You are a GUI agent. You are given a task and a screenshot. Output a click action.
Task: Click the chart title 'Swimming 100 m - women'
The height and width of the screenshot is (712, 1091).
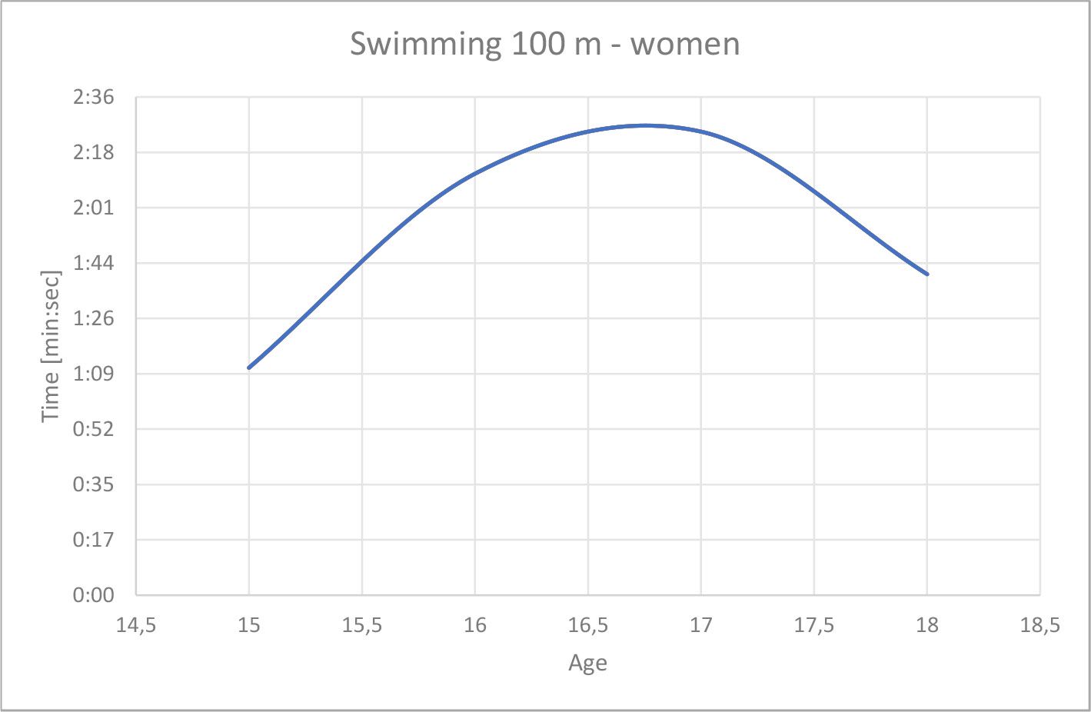pos(544,43)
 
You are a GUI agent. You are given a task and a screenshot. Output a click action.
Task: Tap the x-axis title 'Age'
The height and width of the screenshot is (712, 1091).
pos(587,663)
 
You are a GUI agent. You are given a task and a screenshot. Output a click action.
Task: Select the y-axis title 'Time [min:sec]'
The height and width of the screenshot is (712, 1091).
pos(51,346)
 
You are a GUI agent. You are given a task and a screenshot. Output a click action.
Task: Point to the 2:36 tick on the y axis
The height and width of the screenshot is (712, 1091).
pos(93,98)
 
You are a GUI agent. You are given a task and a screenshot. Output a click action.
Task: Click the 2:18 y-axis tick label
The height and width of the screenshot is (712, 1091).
pos(93,153)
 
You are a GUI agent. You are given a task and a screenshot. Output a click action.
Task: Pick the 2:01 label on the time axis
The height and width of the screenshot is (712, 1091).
pos(93,208)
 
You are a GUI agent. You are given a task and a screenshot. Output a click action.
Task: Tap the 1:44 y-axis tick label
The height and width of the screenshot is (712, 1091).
pos(93,264)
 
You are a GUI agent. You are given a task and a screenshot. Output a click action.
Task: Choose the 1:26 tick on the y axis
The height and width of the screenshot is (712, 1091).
pos(93,319)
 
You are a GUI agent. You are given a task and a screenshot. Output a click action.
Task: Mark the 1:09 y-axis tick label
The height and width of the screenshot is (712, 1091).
pos(93,374)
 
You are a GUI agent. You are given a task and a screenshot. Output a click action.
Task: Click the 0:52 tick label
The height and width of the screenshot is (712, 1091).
pos(93,430)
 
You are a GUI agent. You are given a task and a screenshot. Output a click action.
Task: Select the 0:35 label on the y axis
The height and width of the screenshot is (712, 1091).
pos(93,485)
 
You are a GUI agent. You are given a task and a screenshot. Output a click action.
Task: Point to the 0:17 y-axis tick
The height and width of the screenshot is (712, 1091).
pos(93,541)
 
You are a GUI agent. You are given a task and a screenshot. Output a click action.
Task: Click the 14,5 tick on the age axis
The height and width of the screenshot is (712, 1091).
pos(135,626)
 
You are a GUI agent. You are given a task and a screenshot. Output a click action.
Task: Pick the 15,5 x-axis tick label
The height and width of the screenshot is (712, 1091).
pos(361,626)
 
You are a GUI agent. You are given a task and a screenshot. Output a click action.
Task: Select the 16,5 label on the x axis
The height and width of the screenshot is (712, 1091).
pos(587,626)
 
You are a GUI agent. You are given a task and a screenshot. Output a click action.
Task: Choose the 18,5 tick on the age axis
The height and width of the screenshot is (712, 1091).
pos(1039,626)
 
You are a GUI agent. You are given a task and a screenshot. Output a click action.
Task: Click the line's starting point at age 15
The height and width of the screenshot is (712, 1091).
pos(249,368)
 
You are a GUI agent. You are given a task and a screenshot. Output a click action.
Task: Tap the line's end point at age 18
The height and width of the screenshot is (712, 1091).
pos(927,274)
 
